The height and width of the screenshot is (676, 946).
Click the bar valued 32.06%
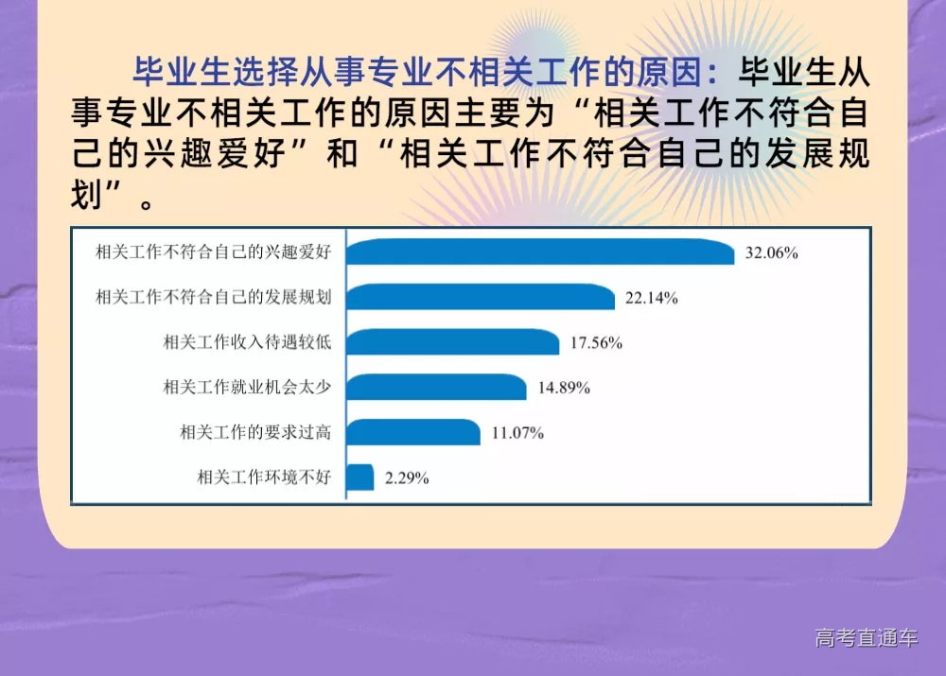click(539, 252)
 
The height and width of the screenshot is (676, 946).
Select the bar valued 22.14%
click(481, 298)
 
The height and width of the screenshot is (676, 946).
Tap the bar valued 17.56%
click(452, 342)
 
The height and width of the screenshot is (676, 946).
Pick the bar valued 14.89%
click(436, 388)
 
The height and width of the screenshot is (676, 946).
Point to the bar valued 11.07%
click(413, 432)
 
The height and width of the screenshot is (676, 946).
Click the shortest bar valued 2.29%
click(360, 477)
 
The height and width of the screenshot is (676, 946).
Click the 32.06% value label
click(771, 253)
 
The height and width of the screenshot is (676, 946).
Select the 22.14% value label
click(652, 299)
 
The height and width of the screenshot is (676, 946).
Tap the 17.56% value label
click(596, 343)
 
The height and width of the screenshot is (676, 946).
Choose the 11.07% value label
click(517, 433)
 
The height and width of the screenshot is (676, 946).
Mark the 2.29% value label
click(407, 478)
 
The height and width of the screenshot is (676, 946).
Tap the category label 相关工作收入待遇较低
click(247, 342)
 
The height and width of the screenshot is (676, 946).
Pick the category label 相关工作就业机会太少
click(247, 388)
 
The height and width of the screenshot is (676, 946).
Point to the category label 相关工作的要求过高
click(255, 432)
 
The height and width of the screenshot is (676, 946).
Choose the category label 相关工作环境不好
click(264, 477)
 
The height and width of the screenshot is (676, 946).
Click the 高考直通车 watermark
click(867, 638)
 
